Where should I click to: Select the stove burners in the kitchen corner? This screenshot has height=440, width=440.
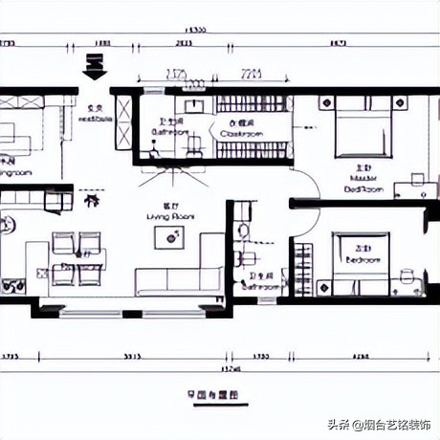[13, 284]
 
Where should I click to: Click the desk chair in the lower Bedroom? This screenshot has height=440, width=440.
[407, 277]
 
